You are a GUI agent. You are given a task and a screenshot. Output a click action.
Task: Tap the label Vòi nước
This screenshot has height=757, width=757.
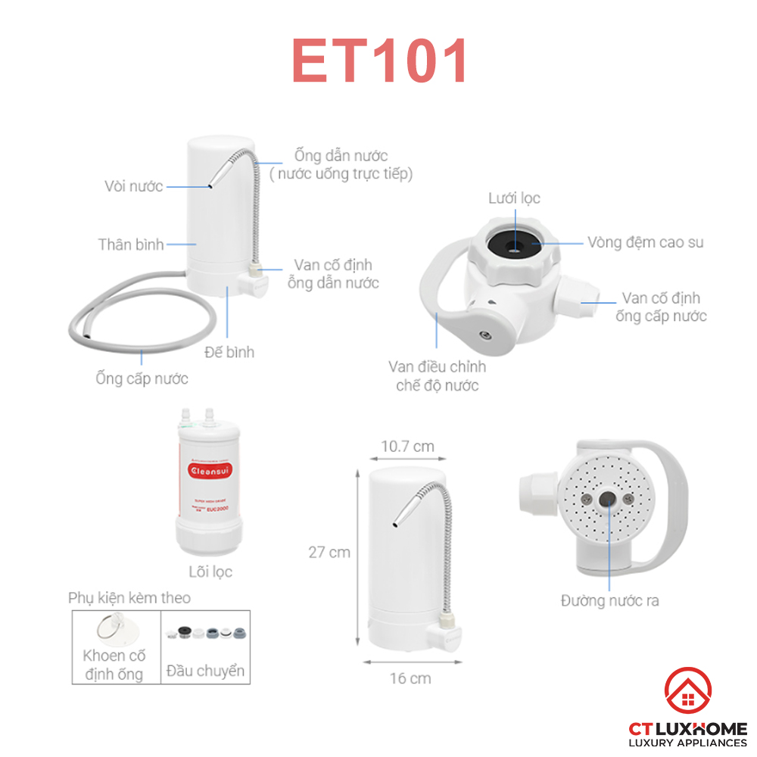(134, 186)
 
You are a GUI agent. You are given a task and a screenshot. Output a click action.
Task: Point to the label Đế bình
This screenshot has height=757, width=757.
(229, 352)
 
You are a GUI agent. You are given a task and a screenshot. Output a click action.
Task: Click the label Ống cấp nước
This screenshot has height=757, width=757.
(142, 378)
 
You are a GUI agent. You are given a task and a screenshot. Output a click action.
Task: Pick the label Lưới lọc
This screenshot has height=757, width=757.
(514, 198)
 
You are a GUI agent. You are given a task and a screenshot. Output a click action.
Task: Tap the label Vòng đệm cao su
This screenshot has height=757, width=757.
(646, 242)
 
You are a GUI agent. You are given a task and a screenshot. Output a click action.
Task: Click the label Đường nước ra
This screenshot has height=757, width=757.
(609, 600)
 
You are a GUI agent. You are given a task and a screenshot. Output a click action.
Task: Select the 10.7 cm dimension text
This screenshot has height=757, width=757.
(407, 446)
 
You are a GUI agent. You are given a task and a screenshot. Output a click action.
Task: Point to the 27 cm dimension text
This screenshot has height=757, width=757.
(329, 552)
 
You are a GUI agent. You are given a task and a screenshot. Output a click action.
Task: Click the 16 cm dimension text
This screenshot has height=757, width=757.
(410, 678)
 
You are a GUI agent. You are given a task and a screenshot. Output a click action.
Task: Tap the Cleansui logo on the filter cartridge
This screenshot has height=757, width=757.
(211, 469)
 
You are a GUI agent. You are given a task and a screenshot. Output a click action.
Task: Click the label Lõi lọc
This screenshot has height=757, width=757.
(211, 572)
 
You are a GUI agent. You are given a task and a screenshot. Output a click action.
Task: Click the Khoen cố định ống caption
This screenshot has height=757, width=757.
(116, 665)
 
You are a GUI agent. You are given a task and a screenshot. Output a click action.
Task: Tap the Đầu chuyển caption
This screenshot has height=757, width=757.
(205, 671)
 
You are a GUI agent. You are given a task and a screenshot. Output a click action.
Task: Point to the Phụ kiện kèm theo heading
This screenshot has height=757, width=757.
(129, 598)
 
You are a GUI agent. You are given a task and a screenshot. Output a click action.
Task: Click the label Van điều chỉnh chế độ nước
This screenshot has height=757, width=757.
(438, 376)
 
